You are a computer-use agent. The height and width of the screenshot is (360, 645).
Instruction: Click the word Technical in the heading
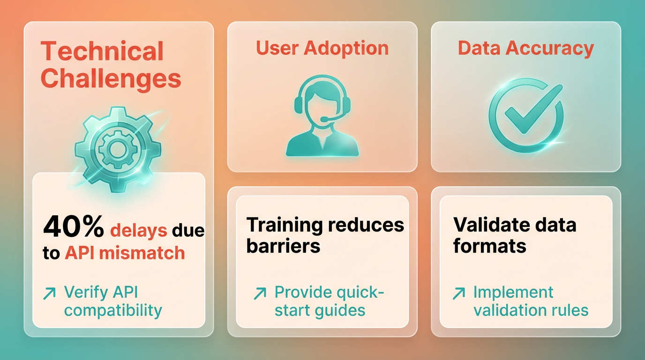pyautogui.click(x=102, y=51)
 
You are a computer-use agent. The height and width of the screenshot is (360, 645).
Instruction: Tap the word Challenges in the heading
pyautogui.click(x=111, y=78)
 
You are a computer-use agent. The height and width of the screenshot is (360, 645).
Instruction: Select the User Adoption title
pyautogui.click(x=322, y=48)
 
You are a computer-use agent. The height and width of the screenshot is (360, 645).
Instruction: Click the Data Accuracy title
pyautogui.click(x=526, y=48)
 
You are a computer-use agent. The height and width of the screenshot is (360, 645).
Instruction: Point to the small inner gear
pyautogui.click(x=117, y=149)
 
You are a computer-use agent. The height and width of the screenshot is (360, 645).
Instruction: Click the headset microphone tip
pyautogui.click(x=324, y=119)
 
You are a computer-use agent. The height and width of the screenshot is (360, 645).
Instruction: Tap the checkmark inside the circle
pyautogui.click(x=533, y=109)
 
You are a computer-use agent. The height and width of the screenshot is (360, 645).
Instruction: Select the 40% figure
pyautogui.click(x=74, y=226)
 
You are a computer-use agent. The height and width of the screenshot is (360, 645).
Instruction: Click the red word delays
pyautogui.click(x=138, y=231)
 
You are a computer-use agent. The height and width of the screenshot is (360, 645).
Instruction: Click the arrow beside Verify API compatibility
pyautogui.click(x=49, y=293)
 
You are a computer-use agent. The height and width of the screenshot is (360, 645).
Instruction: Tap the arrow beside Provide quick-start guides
pyautogui.click(x=260, y=293)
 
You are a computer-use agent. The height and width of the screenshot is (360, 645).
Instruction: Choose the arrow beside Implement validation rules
pyautogui.click(x=459, y=293)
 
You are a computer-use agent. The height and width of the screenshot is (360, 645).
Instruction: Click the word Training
pyautogui.click(x=285, y=225)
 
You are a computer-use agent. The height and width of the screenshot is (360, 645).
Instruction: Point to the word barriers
pyautogui.click(x=283, y=246)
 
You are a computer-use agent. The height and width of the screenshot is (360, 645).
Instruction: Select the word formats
pyautogui.click(x=490, y=246)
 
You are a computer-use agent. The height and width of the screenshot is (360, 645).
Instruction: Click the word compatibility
pyautogui.click(x=113, y=311)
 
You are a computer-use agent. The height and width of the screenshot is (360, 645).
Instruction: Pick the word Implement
pyautogui.click(x=513, y=293)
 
